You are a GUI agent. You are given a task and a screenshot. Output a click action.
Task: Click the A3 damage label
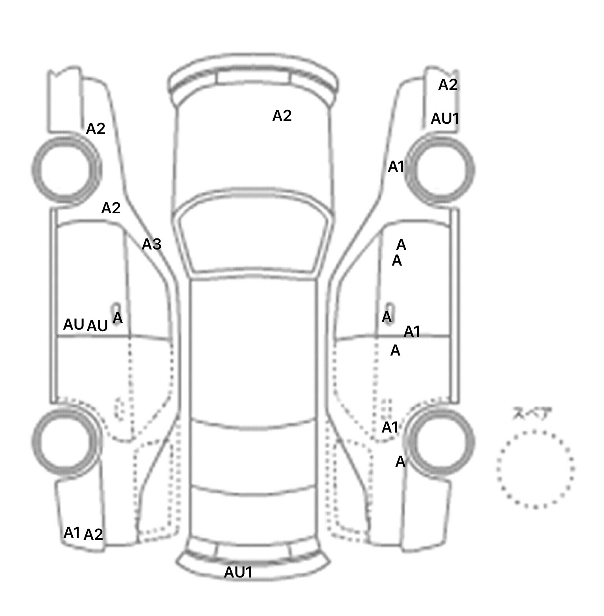(x=151, y=244)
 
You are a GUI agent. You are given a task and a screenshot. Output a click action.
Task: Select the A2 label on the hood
(x=282, y=116)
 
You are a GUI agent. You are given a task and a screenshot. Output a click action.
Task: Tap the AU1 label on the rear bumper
(x=238, y=572)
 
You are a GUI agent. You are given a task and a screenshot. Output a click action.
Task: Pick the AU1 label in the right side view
(x=445, y=118)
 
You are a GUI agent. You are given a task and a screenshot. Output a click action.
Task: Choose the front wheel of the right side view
(x=441, y=169)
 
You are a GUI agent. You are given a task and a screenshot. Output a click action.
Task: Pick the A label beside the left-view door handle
(x=118, y=317)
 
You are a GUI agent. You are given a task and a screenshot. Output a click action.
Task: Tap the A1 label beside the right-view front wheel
(x=396, y=167)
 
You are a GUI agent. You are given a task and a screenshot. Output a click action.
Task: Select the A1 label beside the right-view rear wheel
(x=390, y=427)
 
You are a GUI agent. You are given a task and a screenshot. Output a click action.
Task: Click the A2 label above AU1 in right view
(x=448, y=85)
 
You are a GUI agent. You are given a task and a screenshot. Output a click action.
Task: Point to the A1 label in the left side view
(x=72, y=533)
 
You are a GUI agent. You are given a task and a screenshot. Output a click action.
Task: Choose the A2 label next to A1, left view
(x=94, y=534)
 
